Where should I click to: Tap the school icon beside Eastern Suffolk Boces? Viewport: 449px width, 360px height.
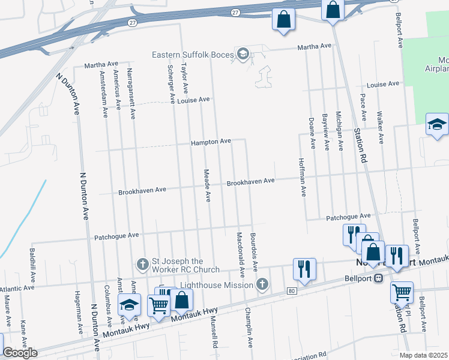point(243,54)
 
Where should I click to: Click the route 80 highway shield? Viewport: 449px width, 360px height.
point(291,291)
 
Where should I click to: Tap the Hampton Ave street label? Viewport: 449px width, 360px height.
point(211,142)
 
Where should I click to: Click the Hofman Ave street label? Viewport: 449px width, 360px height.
point(303,177)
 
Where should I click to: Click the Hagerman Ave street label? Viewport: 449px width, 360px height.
point(78,312)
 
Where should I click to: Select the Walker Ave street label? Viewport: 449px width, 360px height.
point(380,127)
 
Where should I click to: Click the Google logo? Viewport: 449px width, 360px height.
point(20,353)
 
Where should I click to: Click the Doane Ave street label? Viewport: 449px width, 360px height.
point(312,132)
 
